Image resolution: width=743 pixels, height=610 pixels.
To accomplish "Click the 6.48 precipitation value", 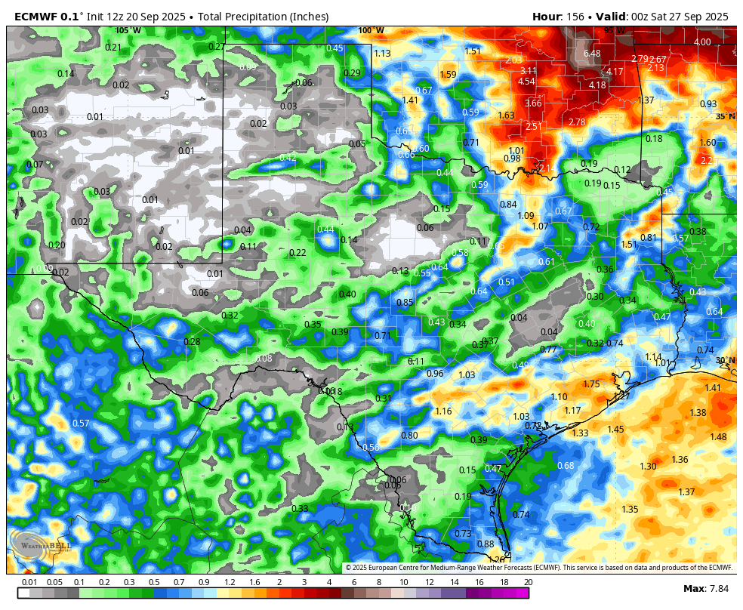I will (x=591, y=54).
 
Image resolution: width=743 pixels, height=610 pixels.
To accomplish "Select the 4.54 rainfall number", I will (x=526, y=82).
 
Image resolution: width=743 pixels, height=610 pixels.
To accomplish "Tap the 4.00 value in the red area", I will (x=702, y=42).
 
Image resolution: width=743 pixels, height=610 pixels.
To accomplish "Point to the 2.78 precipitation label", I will (x=577, y=122).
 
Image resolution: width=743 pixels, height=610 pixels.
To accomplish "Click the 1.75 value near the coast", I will (x=591, y=384).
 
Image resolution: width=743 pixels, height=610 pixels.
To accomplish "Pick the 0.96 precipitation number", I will (x=435, y=374).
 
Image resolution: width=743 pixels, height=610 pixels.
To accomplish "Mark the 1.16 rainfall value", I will (x=443, y=411).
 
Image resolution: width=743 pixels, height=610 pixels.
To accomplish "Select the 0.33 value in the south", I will (x=300, y=509).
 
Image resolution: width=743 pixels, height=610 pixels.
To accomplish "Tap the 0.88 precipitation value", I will (x=486, y=544).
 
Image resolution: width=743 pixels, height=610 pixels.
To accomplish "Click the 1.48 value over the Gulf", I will (x=718, y=437).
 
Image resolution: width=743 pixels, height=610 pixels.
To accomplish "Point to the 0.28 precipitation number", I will (x=193, y=342).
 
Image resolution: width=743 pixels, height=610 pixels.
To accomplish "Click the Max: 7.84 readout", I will (x=705, y=588).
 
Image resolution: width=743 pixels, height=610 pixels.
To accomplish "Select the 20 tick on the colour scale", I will (x=529, y=582).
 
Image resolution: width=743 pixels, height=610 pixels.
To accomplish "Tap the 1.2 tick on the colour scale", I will (x=230, y=582).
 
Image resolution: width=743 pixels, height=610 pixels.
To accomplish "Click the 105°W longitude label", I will (x=128, y=30).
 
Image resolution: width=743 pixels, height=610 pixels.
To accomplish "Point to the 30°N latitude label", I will (x=725, y=360).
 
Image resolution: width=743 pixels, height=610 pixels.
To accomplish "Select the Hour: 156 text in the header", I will (x=560, y=17).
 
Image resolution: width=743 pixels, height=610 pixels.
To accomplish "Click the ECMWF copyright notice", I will (x=539, y=568).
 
